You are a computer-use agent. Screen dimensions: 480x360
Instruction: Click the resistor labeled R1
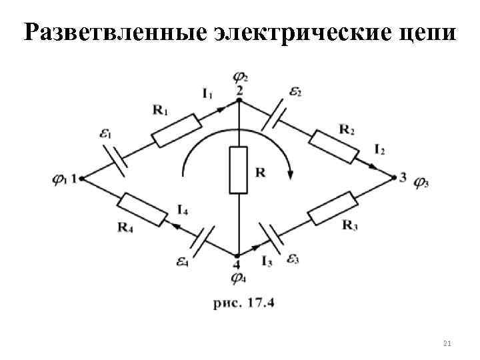click(176, 130)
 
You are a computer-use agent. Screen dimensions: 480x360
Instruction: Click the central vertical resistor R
click(239, 171)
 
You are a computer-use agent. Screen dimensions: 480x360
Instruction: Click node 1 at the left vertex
click(81, 178)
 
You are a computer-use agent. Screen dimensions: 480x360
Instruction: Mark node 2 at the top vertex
click(239, 102)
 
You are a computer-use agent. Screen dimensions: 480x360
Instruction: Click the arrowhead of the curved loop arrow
click(291, 174)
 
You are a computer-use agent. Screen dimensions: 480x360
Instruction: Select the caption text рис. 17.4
click(245, 302)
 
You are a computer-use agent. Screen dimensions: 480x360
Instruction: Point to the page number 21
click(447, 343)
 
